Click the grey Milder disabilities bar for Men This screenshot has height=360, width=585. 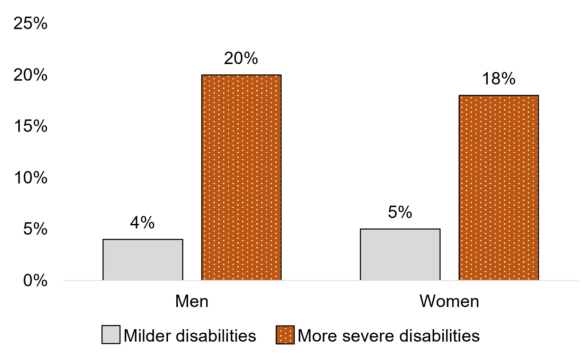tap(143, 260)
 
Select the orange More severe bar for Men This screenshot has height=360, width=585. tap(241, 177)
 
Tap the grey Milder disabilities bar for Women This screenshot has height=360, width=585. tap(400, 254)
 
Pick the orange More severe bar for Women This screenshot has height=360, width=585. tap(498, 188)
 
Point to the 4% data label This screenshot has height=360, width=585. tap(142, 223)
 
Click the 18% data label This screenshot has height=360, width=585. tap(498, 79)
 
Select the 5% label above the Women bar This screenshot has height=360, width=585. tap(400, 212)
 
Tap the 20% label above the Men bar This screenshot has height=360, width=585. tap(241, 58)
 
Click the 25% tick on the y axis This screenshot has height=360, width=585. tap(30, 24)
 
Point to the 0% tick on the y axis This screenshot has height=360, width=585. tap(35, 280)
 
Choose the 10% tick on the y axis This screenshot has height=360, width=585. tap(30, 178)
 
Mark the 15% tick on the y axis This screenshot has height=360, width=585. tap(30, 126)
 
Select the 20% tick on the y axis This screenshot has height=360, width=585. tap(30, 75)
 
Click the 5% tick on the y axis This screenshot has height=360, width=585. tap(35, 229)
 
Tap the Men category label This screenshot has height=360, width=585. tap(192, 301)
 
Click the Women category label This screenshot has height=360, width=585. tap(449, 301)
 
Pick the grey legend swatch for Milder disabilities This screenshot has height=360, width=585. tap(111, 334)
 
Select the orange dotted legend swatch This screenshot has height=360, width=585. tap(285, 335)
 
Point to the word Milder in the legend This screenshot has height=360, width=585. tap(147, 336)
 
